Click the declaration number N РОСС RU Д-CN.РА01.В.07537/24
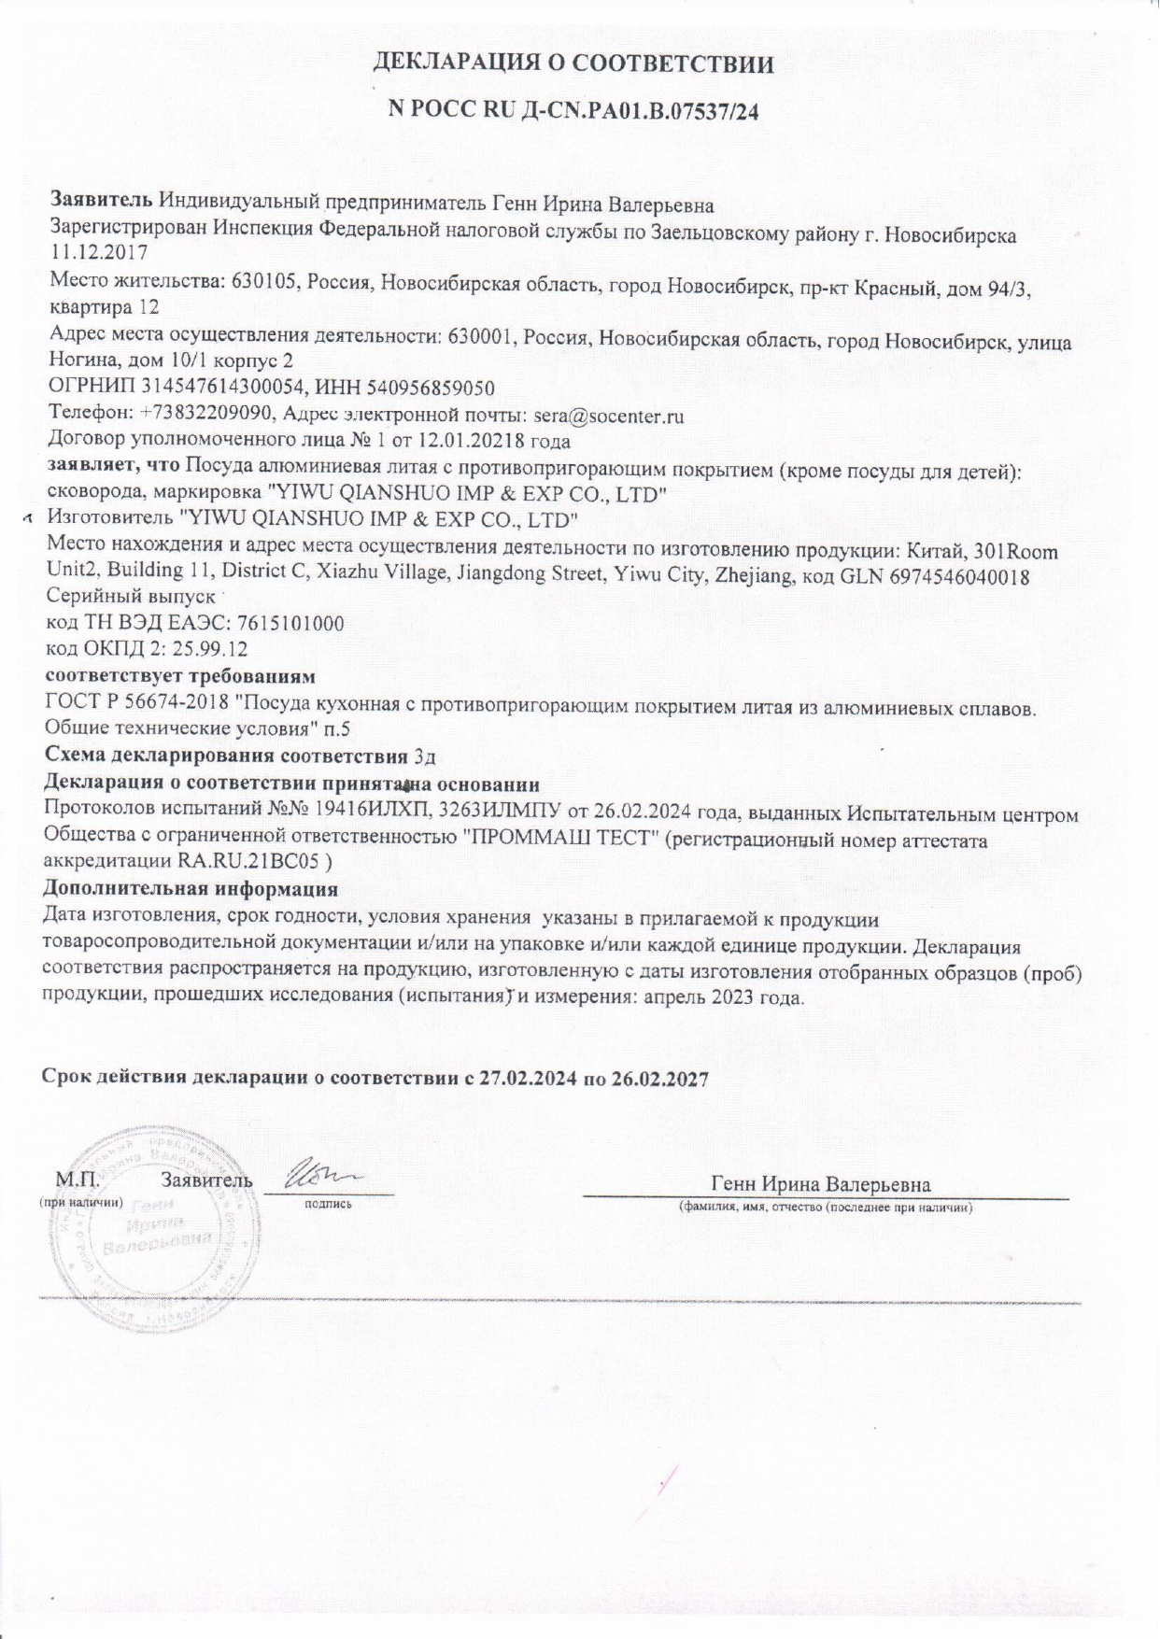[x=573, y=109]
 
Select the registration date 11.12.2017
[x=97, y=252]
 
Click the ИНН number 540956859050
[x=433, y=388]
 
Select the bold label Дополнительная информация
[x=191, y=889]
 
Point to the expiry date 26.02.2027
[x=660, y=1079]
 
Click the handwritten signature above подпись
[x=321, y=1172]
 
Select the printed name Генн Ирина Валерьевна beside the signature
[x=820, y=1184]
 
